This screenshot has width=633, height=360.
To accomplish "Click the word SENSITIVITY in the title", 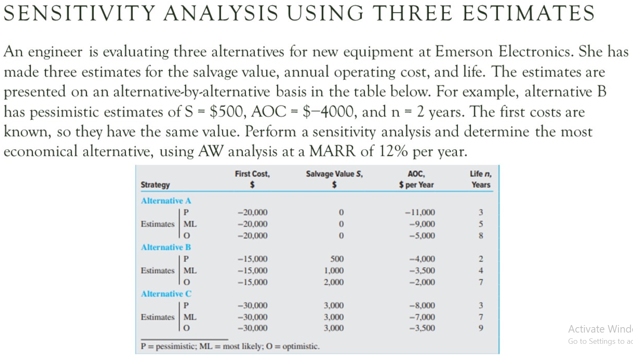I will click(x=79, y=13).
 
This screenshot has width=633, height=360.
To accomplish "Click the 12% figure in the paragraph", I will click(x=393, y=151).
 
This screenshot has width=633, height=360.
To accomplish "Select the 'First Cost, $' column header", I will click(x=252, y=179).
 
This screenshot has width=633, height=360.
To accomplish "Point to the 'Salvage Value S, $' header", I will click(x=334, y=179).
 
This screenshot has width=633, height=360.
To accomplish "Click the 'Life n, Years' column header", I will click(x=480, y=179).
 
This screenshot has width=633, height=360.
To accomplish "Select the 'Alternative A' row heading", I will click(x=166, y=201).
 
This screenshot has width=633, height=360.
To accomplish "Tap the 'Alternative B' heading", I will click(x=166, y=247).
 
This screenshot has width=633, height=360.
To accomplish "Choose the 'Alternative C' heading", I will click(x=166, y=294).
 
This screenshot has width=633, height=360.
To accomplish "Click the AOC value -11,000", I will click(x=420, y=212).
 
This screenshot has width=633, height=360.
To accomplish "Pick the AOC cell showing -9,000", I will click(x=422, y=224).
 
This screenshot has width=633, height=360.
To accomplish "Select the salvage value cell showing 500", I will click(x=337, y=259).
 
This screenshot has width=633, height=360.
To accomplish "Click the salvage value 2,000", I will click(x=334, y=282).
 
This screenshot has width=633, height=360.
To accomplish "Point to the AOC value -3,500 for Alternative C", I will click(x=422, y=328).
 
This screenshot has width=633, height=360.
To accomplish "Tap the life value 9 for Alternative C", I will click(x=481, y=328).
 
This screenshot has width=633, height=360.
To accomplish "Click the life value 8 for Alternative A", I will click(x=481, y=236).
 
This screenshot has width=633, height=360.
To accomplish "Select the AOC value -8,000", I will click(x=422, y=306).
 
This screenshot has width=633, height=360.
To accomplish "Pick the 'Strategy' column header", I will click(x=155, y=185).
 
